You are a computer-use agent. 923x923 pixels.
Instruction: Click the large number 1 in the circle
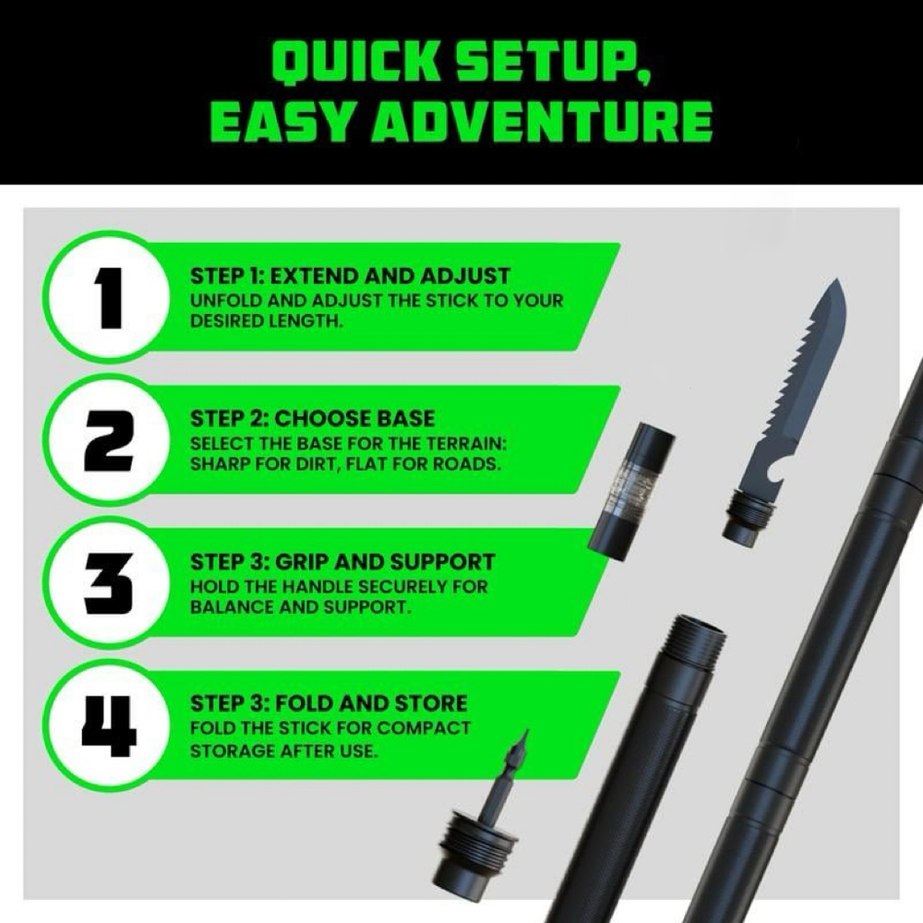click(x=109, y=296)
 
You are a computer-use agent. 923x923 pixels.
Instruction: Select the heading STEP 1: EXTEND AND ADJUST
click(x=350, y=276)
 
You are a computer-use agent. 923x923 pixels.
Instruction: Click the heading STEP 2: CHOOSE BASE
click(x=312, y=419)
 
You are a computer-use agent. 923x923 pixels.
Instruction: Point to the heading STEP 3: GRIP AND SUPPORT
click(x=342, y=562)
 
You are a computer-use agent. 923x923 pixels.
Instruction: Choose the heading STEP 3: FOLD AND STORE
click(x=328, y=705)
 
